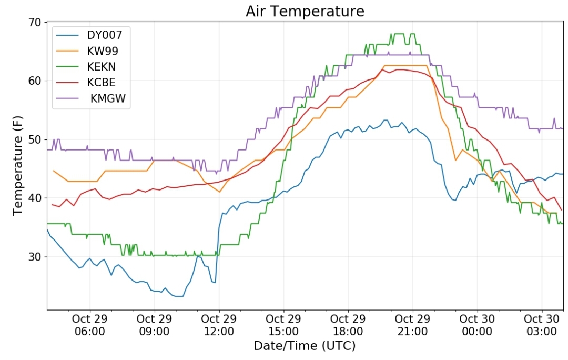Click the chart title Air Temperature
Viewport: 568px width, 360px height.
click(x=305, y=11)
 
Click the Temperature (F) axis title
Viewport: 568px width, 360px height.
click(x=17, y=166)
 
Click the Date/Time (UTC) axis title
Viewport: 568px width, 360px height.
click(x=305, y=346)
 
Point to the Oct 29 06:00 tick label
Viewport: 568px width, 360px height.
click(x=90, y=325)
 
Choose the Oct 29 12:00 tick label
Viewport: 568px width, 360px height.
click(x=219, y=325)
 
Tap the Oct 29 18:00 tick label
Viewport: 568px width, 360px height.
click(x=348, y=325)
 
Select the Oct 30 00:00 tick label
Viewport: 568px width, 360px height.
click(x=477, y=325)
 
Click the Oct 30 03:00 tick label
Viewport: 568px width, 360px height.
click(x=542, y=325)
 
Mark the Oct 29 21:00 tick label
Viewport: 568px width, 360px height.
click(x=413, y=325)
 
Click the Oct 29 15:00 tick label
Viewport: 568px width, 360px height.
click(x=283, y=325)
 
